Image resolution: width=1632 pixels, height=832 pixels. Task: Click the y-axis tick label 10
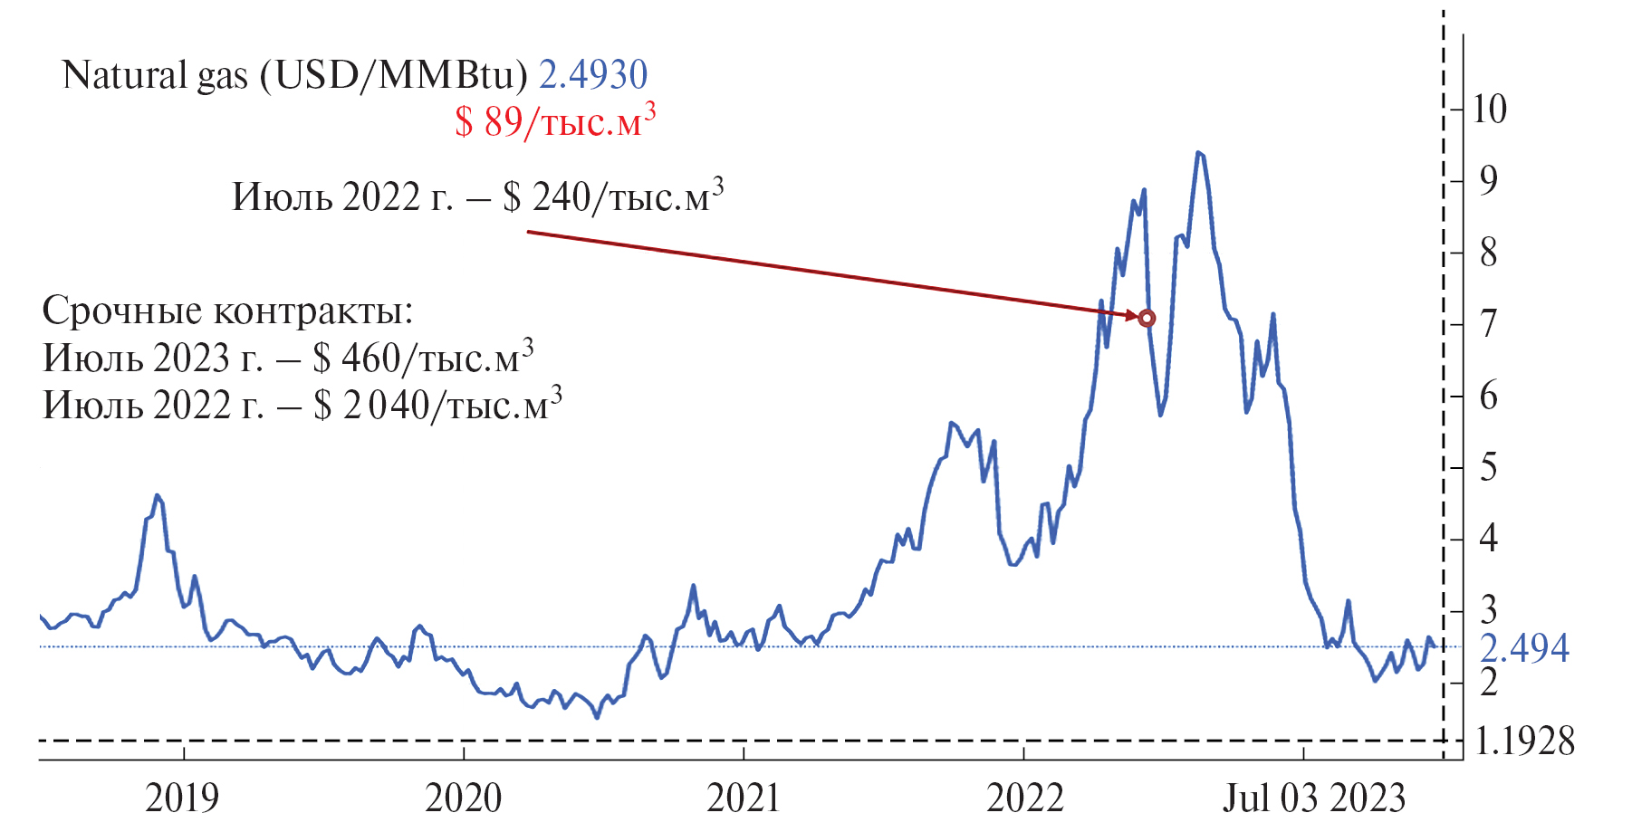[1490, 110]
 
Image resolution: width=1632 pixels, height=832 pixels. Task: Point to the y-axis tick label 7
[1488, 324]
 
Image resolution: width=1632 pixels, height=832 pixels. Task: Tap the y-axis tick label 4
[1488, 540]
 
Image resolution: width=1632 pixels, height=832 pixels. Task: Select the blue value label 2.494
[1524, 648]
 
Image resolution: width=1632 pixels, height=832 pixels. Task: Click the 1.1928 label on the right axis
[1525, 741]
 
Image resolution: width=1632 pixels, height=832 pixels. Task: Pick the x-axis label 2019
[182, 799]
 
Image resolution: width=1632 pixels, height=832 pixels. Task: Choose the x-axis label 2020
[463, 799]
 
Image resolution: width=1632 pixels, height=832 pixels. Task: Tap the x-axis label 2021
[743, 799]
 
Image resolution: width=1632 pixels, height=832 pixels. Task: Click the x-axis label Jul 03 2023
[1313, 799]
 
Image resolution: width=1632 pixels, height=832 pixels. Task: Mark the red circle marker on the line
[1147, 318]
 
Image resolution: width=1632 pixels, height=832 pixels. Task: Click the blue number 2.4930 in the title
[593, 75]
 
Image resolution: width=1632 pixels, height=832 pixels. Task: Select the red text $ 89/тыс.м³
[554, 121]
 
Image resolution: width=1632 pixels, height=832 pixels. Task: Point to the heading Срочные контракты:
[227, 311]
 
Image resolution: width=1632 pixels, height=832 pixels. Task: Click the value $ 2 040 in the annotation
[371, 406]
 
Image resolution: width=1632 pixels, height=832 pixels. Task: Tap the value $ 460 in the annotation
[357, 359]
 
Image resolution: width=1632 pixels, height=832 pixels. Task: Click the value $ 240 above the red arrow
[547, 197]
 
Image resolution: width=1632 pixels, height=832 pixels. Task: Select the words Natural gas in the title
[155, 75]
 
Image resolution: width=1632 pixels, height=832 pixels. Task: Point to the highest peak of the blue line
[1198, 153]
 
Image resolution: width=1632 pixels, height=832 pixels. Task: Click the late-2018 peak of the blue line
[157, 495]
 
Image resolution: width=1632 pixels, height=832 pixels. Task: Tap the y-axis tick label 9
[1488, 181]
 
